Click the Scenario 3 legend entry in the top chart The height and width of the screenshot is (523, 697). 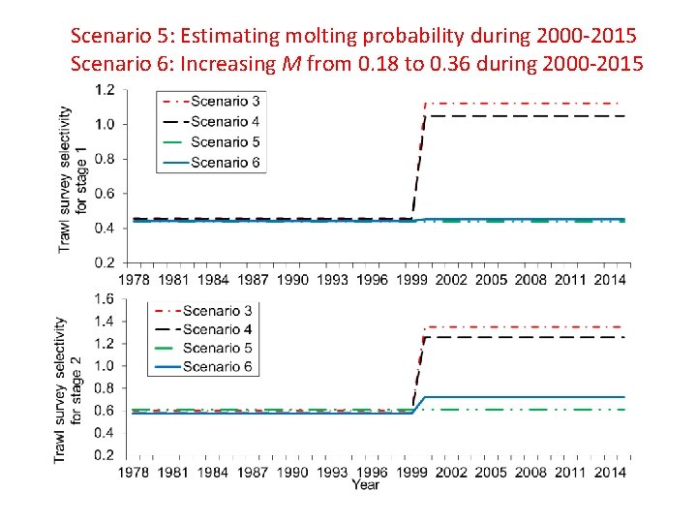pyautogui.click(x=212, y=101)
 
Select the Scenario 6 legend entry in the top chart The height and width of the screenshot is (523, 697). pyautogui.click(x=212, y=162)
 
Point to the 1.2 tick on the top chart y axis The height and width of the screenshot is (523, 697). pyautogui.click(x=105, y=90)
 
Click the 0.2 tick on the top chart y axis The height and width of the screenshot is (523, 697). pyautogui.click(x=105, y=262)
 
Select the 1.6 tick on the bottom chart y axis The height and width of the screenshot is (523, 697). pyautogui.click(x=105, y=299)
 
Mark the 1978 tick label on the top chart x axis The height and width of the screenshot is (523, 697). pyautogui.click(x=135, y=280)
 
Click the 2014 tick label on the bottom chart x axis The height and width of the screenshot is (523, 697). pyautogui.click(x=611, y=472)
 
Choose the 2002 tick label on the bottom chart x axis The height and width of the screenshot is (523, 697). pyautogui.click(x=452, y=472)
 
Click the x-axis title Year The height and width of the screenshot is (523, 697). pyautogui.click(x=366, y=484)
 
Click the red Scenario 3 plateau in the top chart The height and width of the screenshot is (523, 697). pyautogui.click(x=523, y=103)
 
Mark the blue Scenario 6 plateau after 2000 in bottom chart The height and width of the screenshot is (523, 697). pyautogui.click(x=523, y=397)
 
